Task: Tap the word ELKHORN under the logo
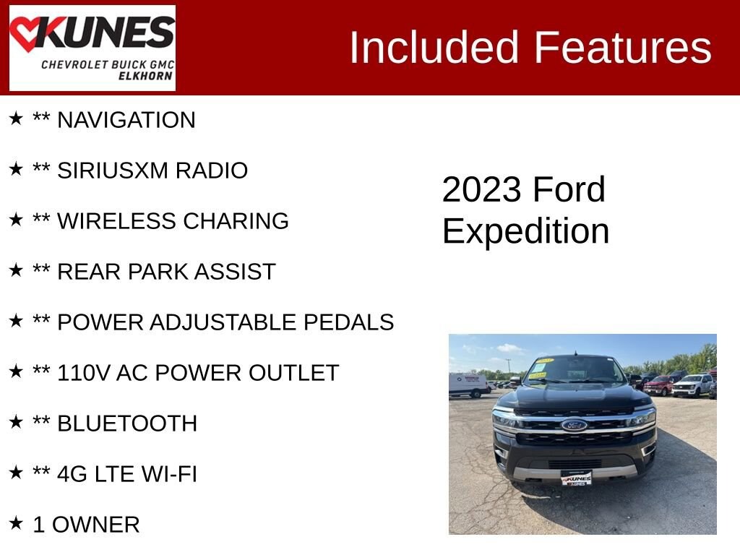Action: tap(145, 76)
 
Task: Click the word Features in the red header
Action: tap(622, 47)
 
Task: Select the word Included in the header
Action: tap(434, 47)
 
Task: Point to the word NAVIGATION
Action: tap(126, 120)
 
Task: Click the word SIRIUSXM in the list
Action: tap(112, 171)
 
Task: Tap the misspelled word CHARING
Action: tap(236, 221)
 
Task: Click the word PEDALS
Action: tap(348, 322)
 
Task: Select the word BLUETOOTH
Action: tap(127, 423)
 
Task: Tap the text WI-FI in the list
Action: tap(169, 474)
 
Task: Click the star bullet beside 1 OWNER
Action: tap(16, 522)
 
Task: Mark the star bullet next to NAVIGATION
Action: tap(16, 118)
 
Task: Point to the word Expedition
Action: tap(526, 231)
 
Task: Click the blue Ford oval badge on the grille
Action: tap(574, 425)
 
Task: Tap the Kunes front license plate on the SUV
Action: tap(576, 478)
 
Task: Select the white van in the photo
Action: tap(469, 385)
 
